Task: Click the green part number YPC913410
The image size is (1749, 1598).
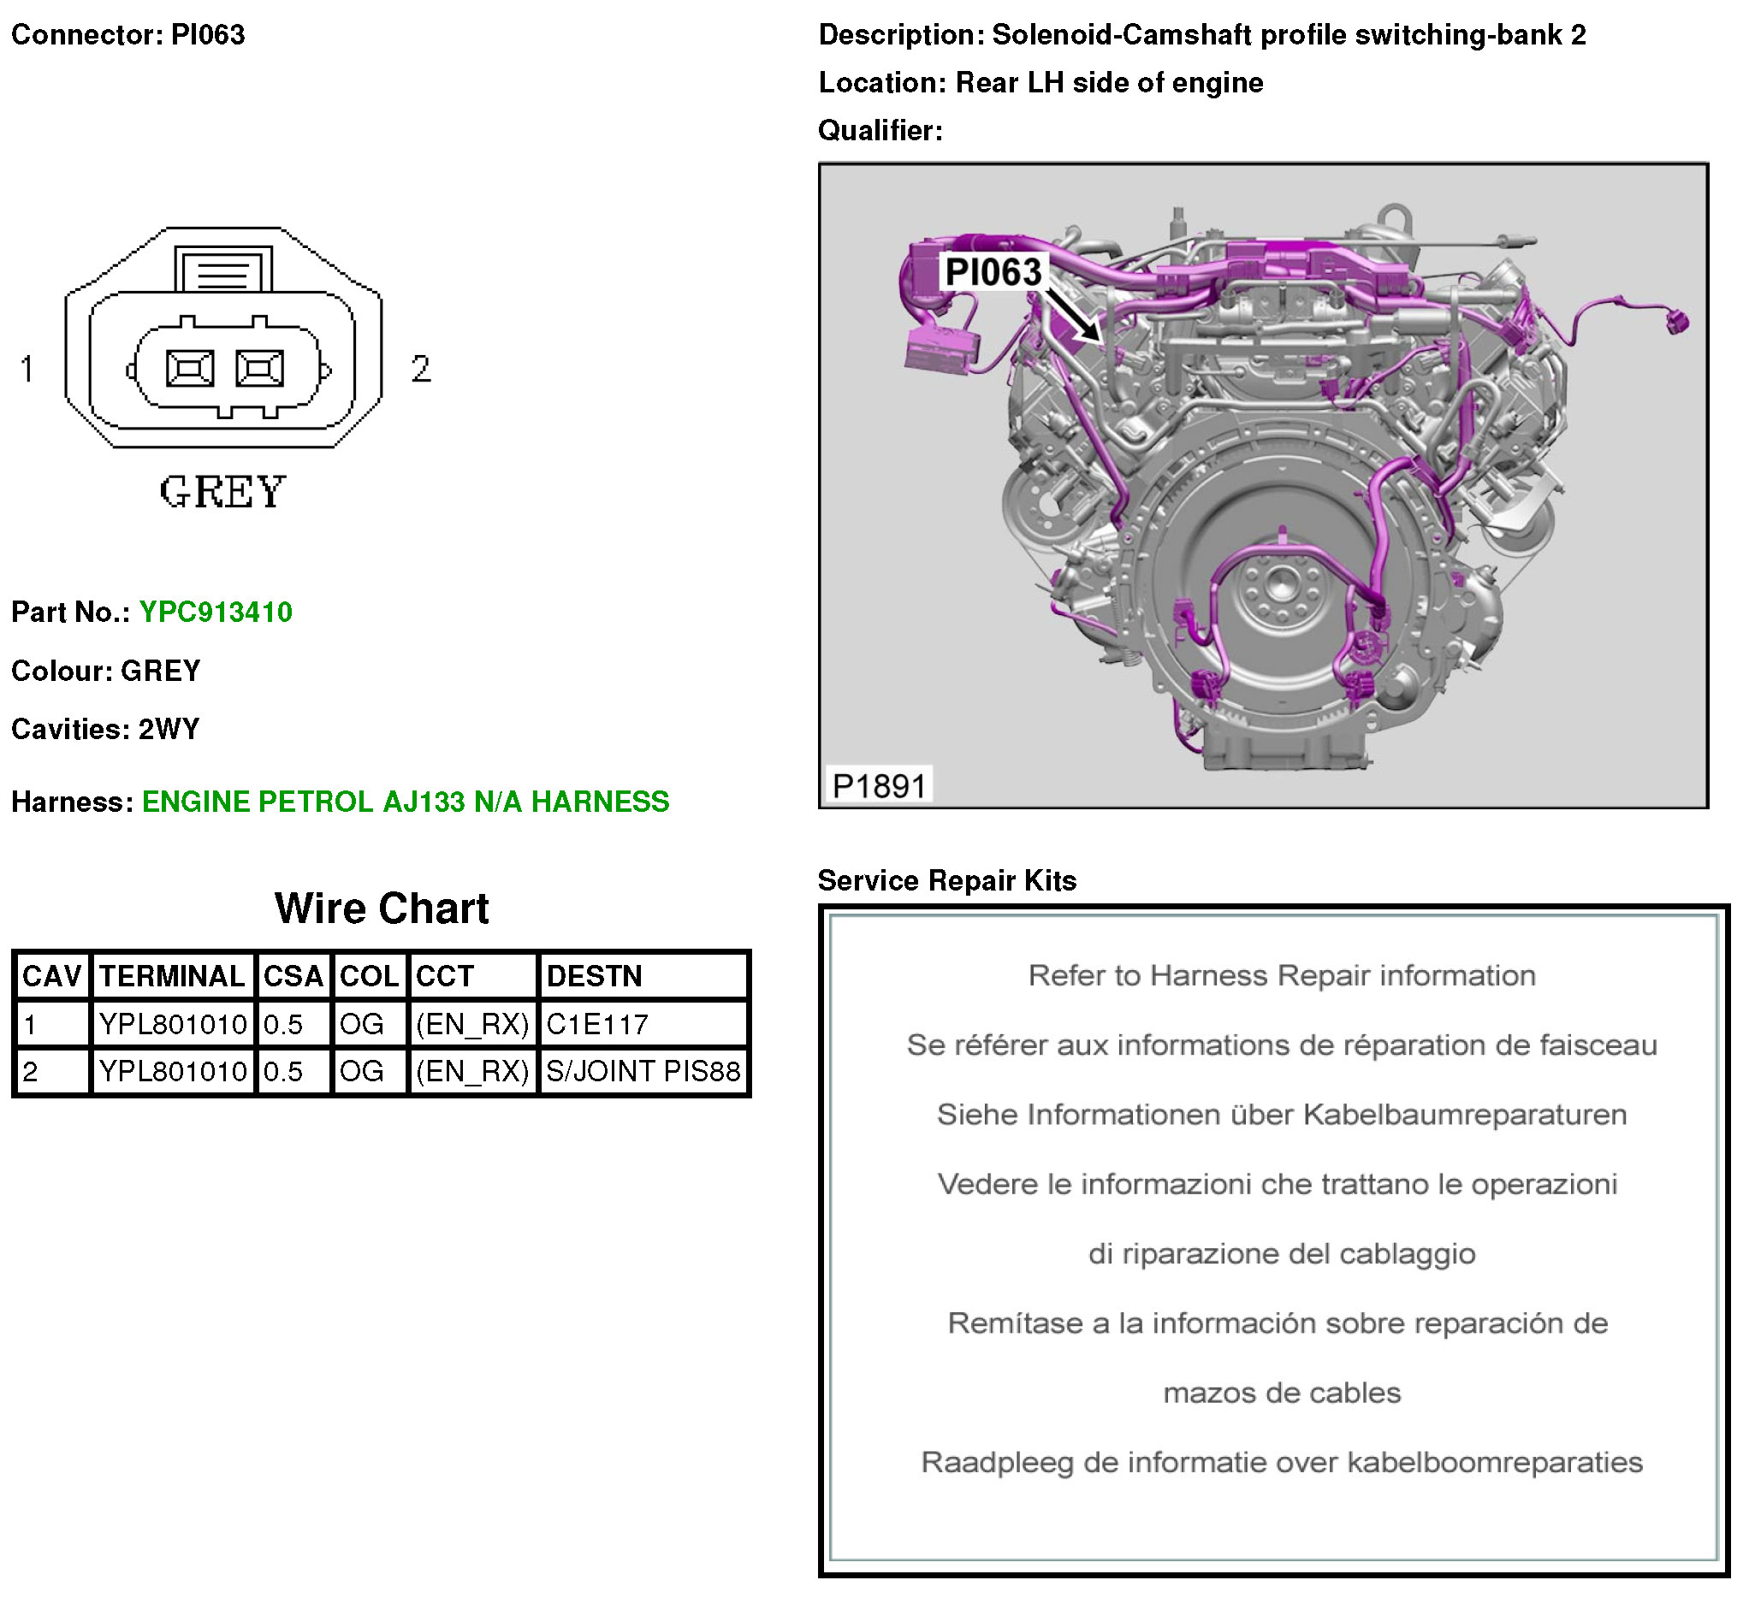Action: coord(216,613)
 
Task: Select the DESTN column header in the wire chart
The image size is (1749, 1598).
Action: coord(595,977)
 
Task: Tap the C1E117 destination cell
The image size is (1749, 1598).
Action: coord(597,1025)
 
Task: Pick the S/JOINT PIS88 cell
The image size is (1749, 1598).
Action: coord(643,1071)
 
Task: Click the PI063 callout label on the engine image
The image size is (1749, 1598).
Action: coord(993,271)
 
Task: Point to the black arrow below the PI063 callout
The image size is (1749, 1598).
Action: coord(1073,315)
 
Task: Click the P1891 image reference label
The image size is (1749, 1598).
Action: coord(880,786)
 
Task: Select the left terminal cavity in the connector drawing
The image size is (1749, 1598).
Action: coord(190,369)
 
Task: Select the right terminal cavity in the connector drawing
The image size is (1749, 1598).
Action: coord(259,369)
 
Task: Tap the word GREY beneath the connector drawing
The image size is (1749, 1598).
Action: coord(223,492)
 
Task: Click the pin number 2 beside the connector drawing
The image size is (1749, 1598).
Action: coord(421,369)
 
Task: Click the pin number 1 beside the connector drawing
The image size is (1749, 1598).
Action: coord(27,369)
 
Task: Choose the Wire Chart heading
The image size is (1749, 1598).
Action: coord(382,908)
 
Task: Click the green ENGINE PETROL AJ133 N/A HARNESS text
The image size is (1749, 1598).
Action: coord(406,802)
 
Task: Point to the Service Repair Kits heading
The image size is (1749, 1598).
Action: coord(947,880)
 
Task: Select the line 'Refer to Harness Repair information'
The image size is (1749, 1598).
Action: coord(1283,976)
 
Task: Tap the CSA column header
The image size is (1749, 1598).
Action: coord(293,977)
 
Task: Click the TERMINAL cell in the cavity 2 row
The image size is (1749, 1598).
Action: coord(173,1071)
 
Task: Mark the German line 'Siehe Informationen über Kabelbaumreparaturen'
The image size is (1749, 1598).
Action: coord(1283,1115)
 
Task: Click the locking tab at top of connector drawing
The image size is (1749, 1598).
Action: coord(223,268)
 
